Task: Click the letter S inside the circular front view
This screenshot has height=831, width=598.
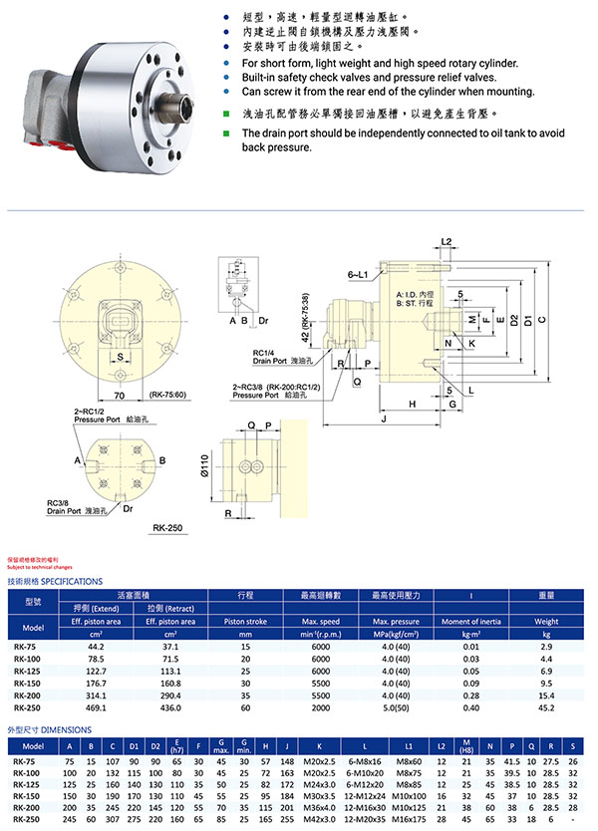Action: [119, 356]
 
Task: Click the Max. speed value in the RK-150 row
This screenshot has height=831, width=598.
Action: [319, 684]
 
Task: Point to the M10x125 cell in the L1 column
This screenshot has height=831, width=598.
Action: [409, 807]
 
